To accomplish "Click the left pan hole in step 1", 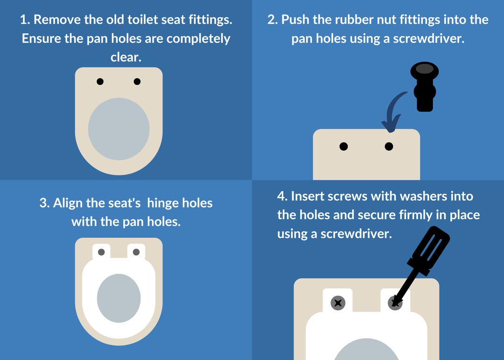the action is click(x=100, y=82).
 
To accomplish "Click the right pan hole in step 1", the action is click(x=137, y=82).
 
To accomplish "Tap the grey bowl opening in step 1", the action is click(x=119, y=129).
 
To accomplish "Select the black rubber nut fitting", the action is click(x=425, y=87).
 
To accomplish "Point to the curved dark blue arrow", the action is click(x=390, y=109).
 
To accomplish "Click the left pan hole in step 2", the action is click(x=343, y=146).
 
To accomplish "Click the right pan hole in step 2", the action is click(x=389, y=146).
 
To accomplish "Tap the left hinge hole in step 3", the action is click(x=101, y=252).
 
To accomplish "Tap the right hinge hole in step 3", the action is click(x=136, y=252).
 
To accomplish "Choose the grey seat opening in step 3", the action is click(x=119, y=298).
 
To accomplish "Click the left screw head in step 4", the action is click(x=338, y=303).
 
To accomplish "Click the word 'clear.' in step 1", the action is click(x=126, y=57).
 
